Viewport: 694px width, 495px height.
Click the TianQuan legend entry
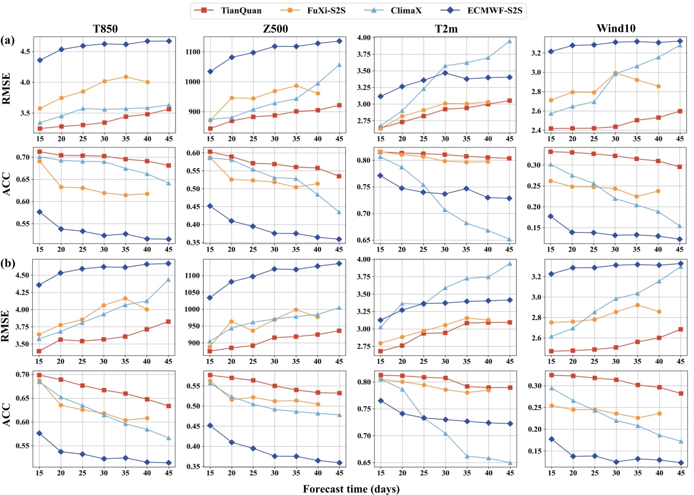point(241,10)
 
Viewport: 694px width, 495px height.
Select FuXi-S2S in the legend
point(326,10)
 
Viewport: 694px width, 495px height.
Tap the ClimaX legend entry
point(406,10)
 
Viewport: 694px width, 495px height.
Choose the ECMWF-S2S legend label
point(494,10)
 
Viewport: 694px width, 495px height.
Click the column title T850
point(105,28)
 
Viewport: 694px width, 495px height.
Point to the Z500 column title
point(275,28)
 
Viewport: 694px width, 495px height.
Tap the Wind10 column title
point(616,28)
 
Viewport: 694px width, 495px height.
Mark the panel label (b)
point(8,263)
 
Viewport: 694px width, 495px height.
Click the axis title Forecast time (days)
point(351,488)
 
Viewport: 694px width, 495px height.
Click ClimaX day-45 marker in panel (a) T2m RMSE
point(509,41)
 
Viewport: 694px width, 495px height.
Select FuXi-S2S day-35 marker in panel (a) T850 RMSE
point(126,77)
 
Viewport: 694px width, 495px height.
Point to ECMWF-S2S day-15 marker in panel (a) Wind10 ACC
point(551,216)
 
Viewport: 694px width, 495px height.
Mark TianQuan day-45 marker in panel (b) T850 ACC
point(168,406)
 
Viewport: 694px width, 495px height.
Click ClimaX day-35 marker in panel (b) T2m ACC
point(467,456)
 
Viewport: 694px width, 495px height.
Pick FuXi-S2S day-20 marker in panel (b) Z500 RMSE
point(232,321)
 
